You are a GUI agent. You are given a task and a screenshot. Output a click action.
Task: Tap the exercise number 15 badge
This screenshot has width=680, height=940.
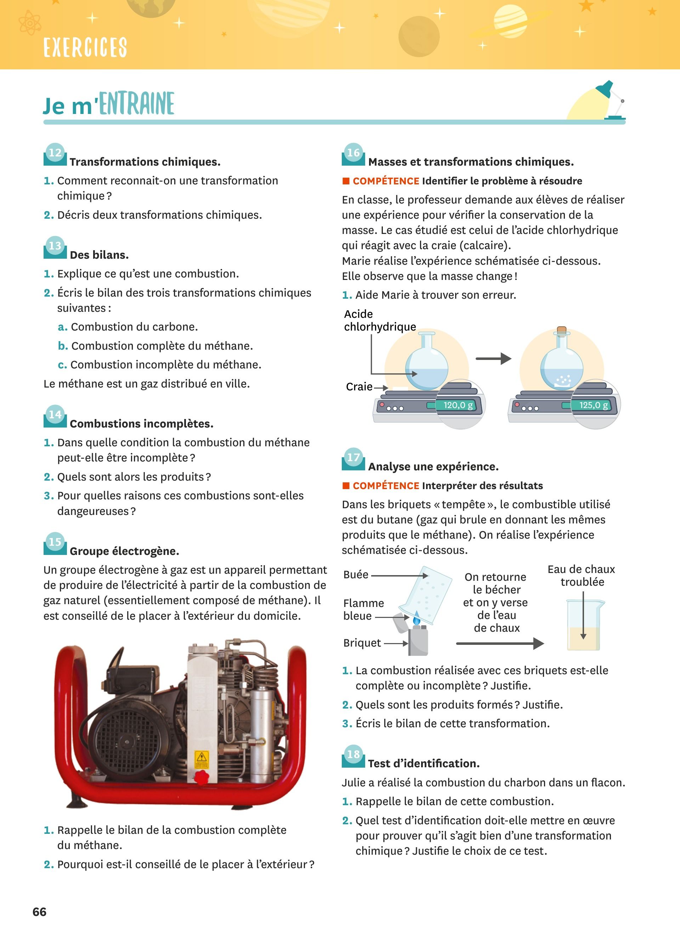tap(55, 543)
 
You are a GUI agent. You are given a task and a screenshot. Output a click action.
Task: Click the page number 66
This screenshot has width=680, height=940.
tap(39, 912)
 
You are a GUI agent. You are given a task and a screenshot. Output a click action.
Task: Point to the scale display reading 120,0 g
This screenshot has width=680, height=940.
tap(458, 405)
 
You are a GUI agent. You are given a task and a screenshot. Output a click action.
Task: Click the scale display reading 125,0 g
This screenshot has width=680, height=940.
tap(593, 405)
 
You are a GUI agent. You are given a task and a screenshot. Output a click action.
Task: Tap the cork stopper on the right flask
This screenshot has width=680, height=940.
tap(561, 330)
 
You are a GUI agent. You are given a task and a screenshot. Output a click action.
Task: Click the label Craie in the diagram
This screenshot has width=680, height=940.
tap(359, 387)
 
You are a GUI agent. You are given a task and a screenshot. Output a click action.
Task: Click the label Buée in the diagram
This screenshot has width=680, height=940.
tap(356, 574)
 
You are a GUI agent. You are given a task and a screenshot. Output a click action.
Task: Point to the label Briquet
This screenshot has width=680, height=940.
tap(362, 643)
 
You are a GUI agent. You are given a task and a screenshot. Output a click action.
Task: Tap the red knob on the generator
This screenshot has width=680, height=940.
tap(202, 778)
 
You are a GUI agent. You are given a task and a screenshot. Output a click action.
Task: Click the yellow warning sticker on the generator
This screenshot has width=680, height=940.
tap(202, 759)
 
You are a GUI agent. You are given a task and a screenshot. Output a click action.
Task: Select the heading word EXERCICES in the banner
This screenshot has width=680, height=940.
tap(85, 47)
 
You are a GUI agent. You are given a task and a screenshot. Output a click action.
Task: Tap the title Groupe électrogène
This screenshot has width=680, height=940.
tap(124, 551)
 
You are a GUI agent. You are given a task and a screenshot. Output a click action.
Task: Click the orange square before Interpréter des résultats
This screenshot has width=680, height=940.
tap(346, 485)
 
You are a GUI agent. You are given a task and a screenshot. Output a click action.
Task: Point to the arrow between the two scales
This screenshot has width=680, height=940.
tap(493, 359)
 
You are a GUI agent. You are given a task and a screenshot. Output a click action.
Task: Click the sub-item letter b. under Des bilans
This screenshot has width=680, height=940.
tap(63, 346)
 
